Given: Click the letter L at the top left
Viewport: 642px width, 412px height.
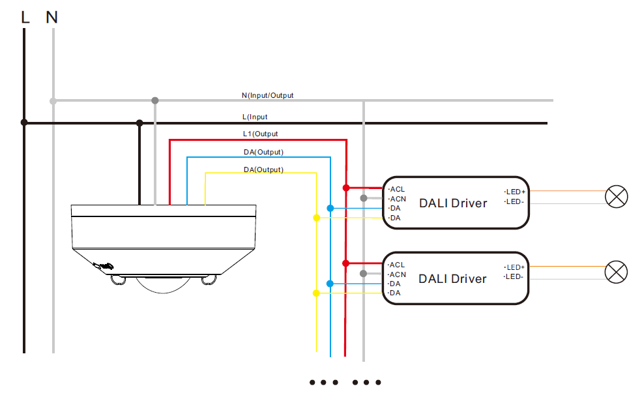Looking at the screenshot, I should [25, 18].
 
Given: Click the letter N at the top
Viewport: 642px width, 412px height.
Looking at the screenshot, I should [52, 18].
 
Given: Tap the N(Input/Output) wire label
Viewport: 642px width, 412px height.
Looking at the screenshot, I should [267, 95].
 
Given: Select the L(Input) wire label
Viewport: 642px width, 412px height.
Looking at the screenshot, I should [255, 117].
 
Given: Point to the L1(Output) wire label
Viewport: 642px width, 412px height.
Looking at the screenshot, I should [260, 134].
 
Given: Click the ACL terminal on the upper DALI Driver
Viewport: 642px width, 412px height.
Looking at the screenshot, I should [397, 189].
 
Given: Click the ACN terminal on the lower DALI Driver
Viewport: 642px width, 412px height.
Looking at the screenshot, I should [398, 274].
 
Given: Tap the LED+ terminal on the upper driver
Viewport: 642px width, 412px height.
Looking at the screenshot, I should [516, 192].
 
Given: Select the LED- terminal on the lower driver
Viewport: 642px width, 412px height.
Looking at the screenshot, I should [515, 277].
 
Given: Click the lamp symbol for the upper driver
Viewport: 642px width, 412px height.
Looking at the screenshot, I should [616, 196].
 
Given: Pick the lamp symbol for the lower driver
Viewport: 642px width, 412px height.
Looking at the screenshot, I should [616, 272].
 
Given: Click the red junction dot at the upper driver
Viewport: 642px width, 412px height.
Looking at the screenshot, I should [345, 188].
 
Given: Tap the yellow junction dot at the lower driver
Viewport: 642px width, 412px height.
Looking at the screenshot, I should [316, 293].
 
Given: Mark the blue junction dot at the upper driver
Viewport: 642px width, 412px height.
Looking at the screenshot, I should [330, 208].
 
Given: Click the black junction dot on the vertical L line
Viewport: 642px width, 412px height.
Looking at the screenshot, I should [24, 122].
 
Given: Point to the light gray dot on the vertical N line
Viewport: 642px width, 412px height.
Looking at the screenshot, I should [53, 100].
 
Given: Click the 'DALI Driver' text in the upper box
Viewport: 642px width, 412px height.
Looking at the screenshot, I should [453, 203].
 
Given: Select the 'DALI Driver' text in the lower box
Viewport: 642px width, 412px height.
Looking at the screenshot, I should [453, 279].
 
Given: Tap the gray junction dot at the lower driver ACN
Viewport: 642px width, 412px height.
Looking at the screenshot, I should [363, 273].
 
